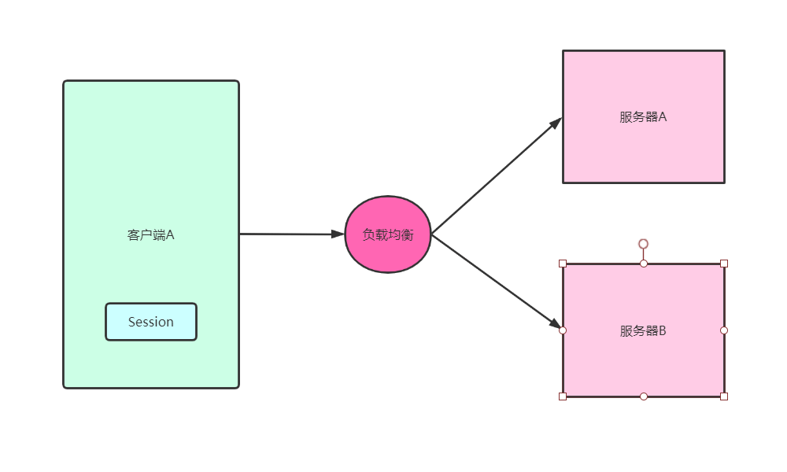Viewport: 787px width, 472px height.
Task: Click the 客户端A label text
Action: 150,234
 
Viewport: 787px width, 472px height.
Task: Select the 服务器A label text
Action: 643,117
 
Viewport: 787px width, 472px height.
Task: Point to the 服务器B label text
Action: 643,330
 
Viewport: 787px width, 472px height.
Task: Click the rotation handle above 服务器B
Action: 643,244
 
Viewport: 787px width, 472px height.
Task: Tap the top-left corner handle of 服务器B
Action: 563,264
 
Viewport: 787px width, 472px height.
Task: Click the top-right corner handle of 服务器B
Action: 724,264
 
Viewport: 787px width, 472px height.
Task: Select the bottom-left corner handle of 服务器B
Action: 563,396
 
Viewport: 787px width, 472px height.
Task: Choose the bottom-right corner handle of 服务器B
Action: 724,396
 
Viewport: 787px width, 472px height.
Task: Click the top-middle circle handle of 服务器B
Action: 643,264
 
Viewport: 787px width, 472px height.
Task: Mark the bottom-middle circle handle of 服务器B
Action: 643,396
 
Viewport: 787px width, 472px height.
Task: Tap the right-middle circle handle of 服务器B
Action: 724,330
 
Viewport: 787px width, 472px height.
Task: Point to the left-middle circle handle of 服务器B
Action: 563,330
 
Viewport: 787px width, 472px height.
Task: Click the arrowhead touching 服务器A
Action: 556,123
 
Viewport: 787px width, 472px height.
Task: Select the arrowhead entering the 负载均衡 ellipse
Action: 338,234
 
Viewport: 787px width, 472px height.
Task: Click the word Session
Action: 151,322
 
